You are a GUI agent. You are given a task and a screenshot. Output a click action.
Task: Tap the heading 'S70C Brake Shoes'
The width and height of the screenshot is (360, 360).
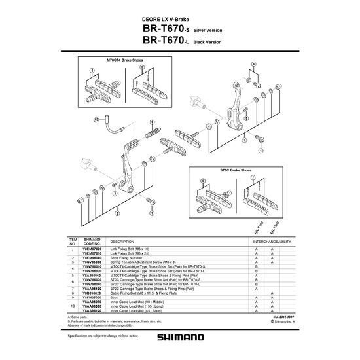pyautogui.click(x=234, y=169)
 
